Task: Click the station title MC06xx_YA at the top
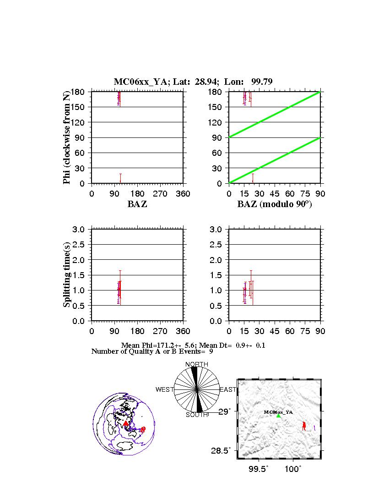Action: coord(141,82)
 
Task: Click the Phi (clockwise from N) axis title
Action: coord(67,137)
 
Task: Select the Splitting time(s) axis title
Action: coord(67,275)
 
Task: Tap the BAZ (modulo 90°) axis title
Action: coord(274,204)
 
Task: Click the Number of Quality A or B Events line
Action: coord(152,351)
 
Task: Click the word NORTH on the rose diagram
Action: coord(196,364)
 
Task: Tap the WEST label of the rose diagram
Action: coord(164,389)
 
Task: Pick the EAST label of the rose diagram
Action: coord(228,389)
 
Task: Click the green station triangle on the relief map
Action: coord(278,416)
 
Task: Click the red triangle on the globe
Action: coord(126,423)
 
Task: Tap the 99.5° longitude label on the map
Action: coord(258,469)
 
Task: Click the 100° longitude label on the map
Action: coord(293,469)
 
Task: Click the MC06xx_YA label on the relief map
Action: coord(278,412)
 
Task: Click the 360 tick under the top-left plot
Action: coord(183,194)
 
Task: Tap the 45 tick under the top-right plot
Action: coord(275,194)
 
